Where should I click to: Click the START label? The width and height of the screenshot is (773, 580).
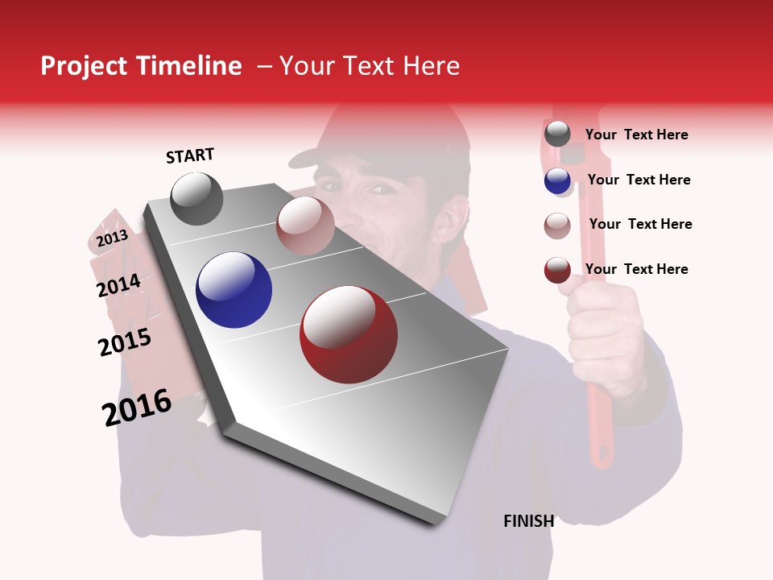click(190, 155)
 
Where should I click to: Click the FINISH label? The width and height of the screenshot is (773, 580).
click(528, 521)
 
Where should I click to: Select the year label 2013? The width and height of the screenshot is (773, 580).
click(112, 238)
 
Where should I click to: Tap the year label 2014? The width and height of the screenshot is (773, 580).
click(118, 285)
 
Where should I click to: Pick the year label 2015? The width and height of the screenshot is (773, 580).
click(125, 342)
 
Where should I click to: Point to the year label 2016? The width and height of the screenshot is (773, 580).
click(137, 407)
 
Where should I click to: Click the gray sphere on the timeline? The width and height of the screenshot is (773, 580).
click(196, 198)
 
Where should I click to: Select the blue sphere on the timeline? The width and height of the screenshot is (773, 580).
click(234, 290)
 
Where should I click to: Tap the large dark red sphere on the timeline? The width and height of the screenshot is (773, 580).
click(349, 334)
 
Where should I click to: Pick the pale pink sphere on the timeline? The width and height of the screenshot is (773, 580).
click(304, 225)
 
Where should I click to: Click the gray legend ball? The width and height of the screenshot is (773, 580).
click(557, 134)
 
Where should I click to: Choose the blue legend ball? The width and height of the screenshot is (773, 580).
click(557, 180)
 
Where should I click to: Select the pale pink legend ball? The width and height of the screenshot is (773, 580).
click(557, 226)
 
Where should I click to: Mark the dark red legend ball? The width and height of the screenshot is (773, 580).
click(557, 270)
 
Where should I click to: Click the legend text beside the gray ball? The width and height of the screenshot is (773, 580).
click(636, 135)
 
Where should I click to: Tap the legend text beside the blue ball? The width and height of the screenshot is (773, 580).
click(639, 180)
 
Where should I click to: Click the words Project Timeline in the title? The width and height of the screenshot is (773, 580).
click(141, 66)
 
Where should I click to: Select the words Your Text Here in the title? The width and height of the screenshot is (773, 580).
click(370, 66)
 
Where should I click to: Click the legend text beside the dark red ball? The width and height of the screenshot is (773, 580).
click(636, 269)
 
